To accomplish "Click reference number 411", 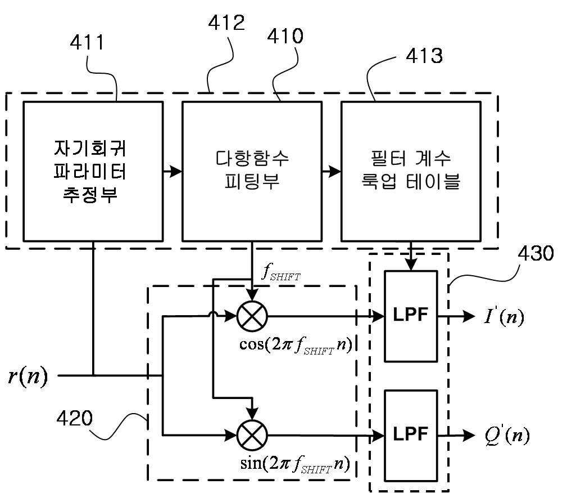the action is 87,42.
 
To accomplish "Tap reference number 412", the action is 226,23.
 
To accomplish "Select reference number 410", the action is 285,36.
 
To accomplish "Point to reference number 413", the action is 424,56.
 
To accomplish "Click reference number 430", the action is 536,253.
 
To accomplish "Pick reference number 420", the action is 75,418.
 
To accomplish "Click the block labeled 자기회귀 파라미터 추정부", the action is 93,171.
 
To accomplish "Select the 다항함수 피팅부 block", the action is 252,171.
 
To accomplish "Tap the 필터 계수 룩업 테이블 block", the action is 411,171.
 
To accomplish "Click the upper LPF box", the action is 411,316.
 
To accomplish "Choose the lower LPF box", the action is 411,436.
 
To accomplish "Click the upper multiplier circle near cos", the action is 252,316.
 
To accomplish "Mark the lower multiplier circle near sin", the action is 252,436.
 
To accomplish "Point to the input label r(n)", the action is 28,376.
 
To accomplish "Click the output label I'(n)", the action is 504,316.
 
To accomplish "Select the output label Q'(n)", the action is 507,436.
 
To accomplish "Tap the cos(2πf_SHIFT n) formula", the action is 296,344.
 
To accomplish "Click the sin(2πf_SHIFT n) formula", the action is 295,464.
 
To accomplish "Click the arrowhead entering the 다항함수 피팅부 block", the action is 176,171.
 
